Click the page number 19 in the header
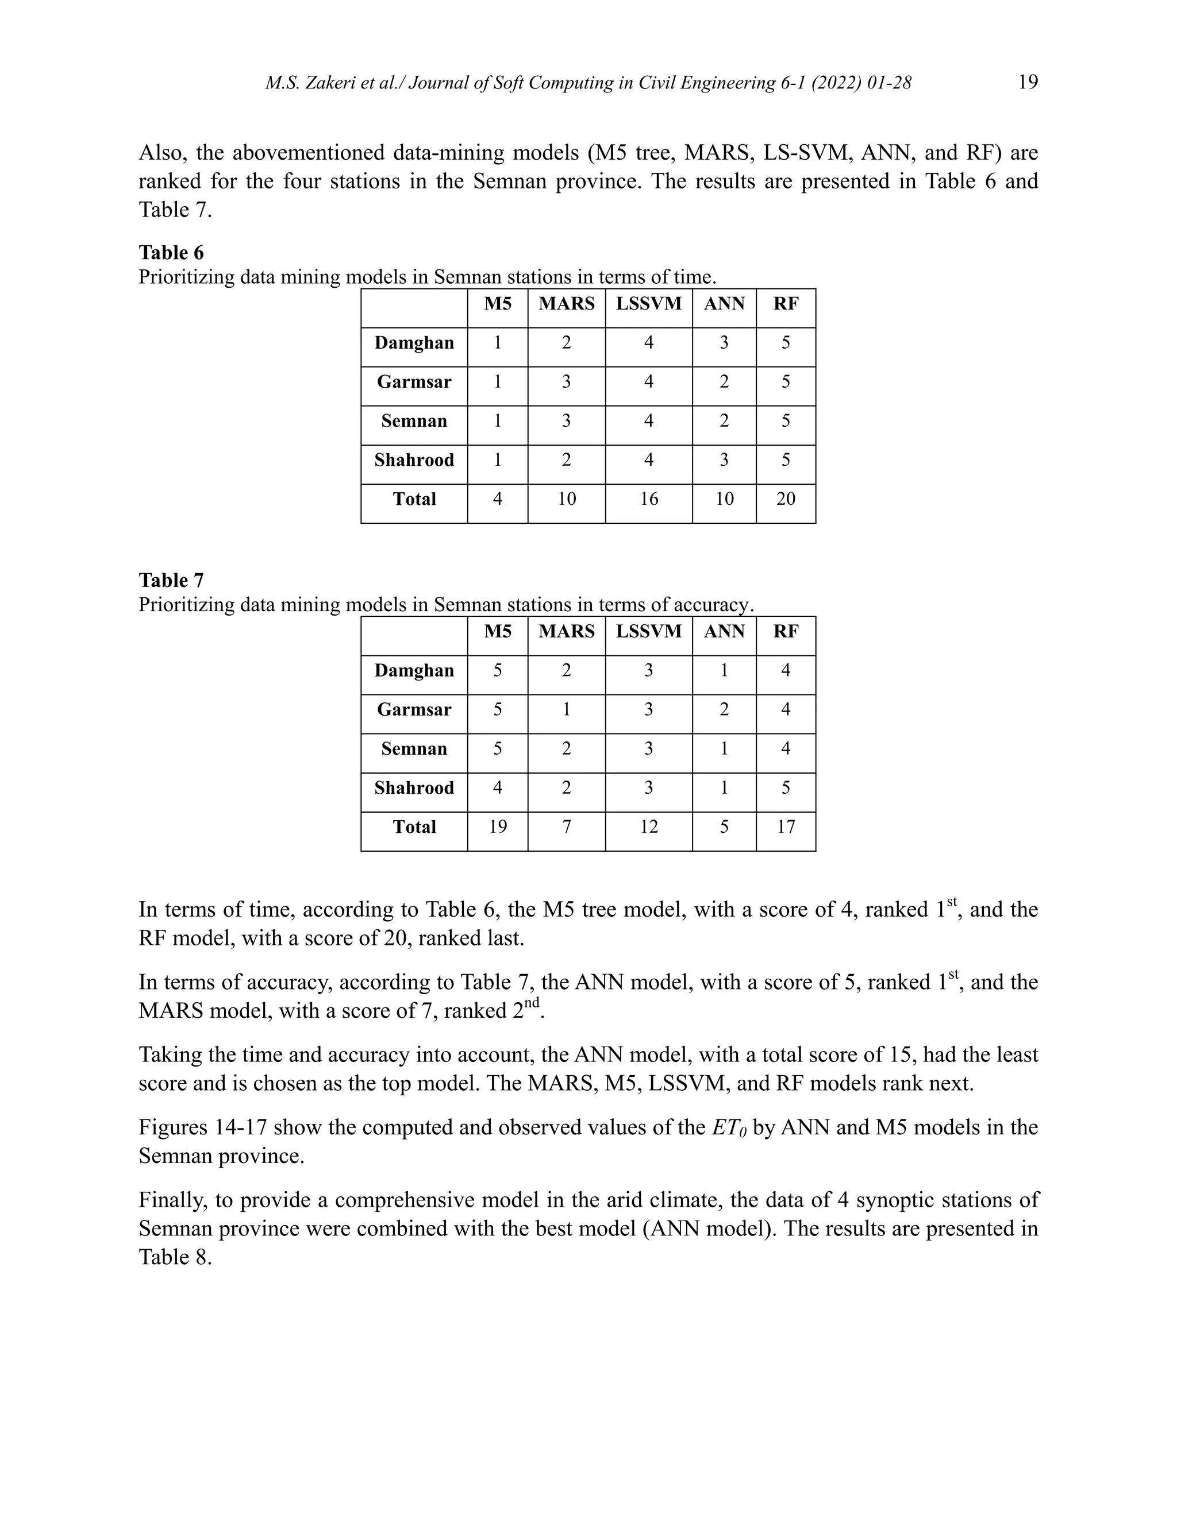pyautogui.click(x=1028, y=82)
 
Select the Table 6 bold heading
pyautogui.click(x=171, y=252)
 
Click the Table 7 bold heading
pyautogui.click(x=171, y=580)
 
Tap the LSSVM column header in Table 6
pyautogui.click(x=648, y=304)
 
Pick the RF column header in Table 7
pyautogui.click(x=786, y=631)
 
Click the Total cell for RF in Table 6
pyautogui.click(x=786, y=499)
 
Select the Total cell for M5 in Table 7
pyautogui.click(x=498, y=826)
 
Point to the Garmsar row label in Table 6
pyautogui.click(x=414, y=382)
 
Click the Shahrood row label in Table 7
pyautogui.click(x=414, y=787)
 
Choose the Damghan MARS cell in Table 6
pyautogui.click(x=566, y=343)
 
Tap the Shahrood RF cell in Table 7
pyautogui.click(x=786, y=787)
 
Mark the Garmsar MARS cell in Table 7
pyautogui.click(x=566, y=709)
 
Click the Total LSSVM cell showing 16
pyautogui.click(x=648, y=499)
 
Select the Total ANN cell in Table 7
pyautogui.click(x=724, y=826)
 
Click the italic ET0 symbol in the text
pyautogui.click(x=729, y=1128)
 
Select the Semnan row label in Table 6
pyautogui.click(x=414, y=421)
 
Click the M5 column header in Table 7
pyautogui.click(x=498, y=631)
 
